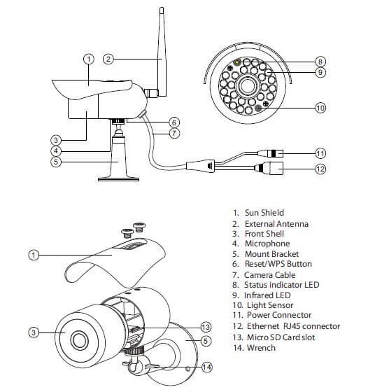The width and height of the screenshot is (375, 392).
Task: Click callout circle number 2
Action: [108, 59]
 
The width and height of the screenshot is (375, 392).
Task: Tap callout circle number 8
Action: [320, 61]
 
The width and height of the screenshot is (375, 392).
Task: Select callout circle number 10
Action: [320, 108]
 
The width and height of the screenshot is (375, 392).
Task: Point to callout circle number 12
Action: [320, 168]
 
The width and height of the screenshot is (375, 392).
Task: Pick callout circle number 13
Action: [206, 327]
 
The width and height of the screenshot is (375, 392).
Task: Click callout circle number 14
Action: [205, 367]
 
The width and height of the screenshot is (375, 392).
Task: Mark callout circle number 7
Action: [175, 132]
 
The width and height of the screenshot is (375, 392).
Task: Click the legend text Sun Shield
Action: [264, 212]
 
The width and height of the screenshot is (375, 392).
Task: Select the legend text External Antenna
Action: [278, 223]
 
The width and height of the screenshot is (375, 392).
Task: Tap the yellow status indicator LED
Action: [238, 63]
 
